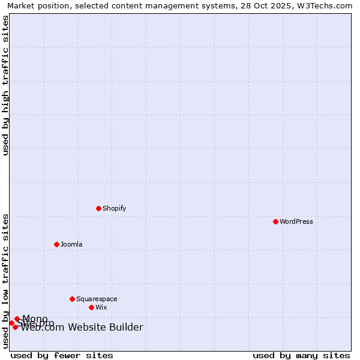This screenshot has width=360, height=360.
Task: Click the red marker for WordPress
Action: pyautogui.click(x=275, y=221)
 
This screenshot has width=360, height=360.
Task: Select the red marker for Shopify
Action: pyautogui.click(x=98, y=208)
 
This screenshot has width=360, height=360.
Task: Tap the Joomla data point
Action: pyautogui.click(x=56, y=244)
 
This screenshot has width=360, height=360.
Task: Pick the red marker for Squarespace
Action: pyautogui.click(x=72, y=299)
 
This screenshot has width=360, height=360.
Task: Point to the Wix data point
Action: pyautogui.click(x=91, y=307)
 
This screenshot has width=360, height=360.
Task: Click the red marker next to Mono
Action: pyautogui.click(x=17, y=319)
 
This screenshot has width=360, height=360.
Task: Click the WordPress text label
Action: pyautogui.click(x=296, y=221)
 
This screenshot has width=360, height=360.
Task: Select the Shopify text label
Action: pyautogui.click(x=114, y=208)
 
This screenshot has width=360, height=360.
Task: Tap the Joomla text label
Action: pyautogui.click(x=71, y=244)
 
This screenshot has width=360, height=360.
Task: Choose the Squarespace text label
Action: pyautogui.click(x=97, y=299)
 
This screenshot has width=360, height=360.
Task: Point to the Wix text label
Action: pyautogui.click(x=101, y=307)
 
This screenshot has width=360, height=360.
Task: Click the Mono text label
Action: pyautogui.click(x=35, y=319)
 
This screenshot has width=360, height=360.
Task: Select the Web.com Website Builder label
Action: pyautogui.click(x=82, y=327)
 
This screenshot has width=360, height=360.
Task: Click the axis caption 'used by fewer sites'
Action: pyautogui.click(x=62, y=355)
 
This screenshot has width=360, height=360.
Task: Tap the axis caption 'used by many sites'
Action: pyautogui.click(x=301, y=355)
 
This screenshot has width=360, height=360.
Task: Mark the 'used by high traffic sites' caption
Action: pyautogui.click(x=5, y=85)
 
